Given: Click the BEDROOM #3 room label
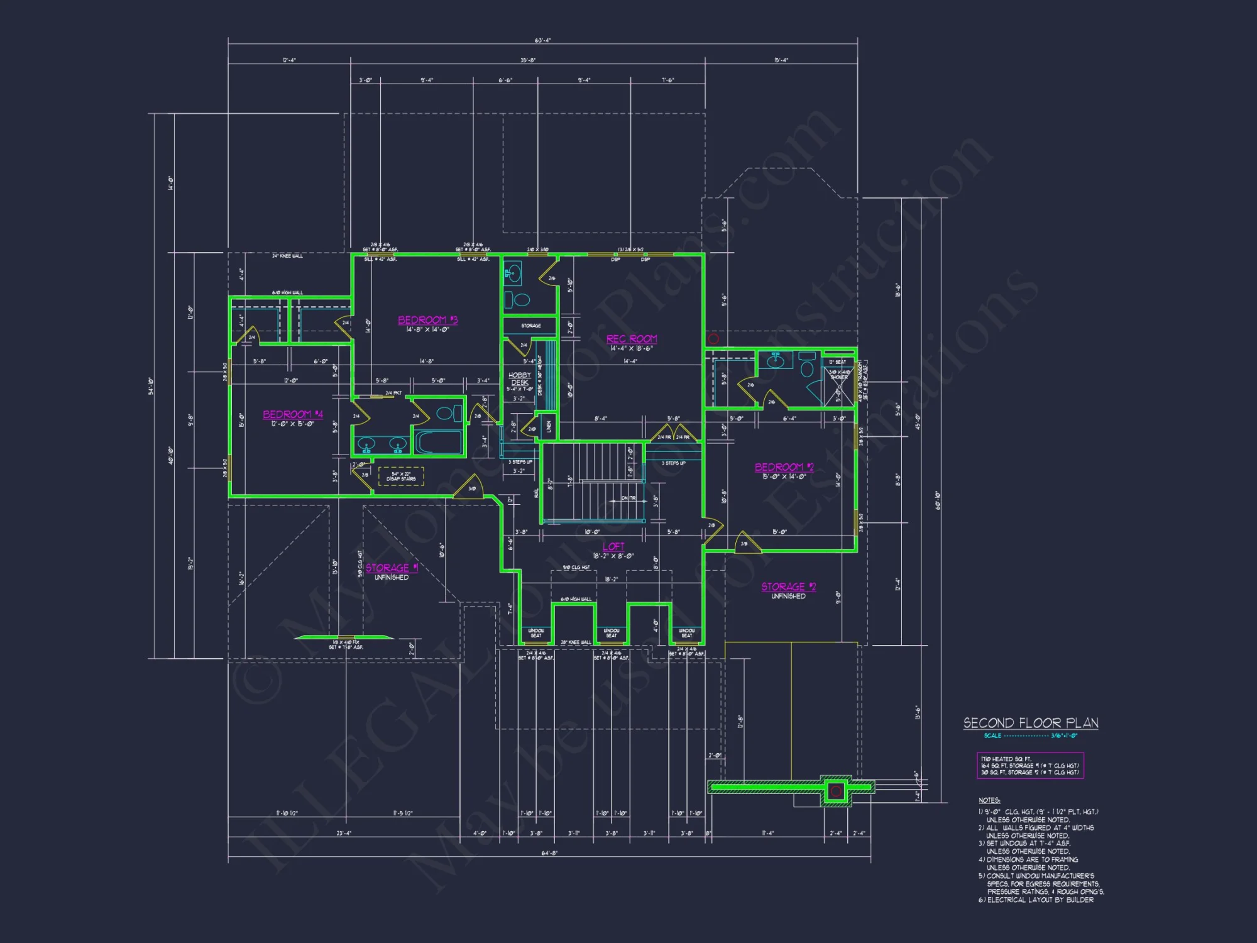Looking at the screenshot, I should [427, 320].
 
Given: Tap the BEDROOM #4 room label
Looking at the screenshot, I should [293, 414].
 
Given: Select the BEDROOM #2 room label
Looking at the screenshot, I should [784, 467].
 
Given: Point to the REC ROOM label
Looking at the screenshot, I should [631, 339].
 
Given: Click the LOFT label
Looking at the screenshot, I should [613, 546].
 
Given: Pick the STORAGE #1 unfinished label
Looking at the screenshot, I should [392, 568].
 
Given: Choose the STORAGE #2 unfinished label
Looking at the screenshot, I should [788, 587].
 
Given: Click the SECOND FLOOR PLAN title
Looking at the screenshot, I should [1031, 723].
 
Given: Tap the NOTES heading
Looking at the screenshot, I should [989, 800].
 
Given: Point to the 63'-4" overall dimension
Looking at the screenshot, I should [543, 40].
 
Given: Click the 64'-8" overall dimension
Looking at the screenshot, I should [549, 853].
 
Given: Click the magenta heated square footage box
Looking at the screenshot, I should [1030, 766].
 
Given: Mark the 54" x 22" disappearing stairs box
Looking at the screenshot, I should [401, 477].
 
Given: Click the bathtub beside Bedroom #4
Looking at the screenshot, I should [439, 441].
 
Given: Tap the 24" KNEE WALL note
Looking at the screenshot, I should [287, 256].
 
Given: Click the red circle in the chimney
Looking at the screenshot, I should [835, 791].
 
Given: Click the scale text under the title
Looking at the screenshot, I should [1030, 736].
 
